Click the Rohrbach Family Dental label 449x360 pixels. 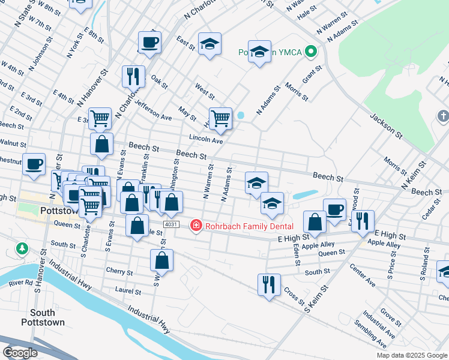[249, 226]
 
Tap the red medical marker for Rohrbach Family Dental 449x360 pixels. [195, 226]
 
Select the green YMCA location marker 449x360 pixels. [311, 52]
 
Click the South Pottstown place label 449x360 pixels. [43, 317]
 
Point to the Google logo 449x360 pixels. [19, 353]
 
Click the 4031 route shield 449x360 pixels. [171, 224]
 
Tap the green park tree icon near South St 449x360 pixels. [22, 248]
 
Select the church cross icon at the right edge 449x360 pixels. [443, 116]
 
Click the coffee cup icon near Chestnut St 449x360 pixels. [34, 163]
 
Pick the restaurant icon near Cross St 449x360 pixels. [269, 284]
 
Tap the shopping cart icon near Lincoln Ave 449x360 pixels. [220, 118]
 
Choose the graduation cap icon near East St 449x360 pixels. [209, 44]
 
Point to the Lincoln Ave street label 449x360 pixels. [206, 140]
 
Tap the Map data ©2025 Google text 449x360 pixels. [411, 355]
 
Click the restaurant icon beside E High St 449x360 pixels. [363, 221]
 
